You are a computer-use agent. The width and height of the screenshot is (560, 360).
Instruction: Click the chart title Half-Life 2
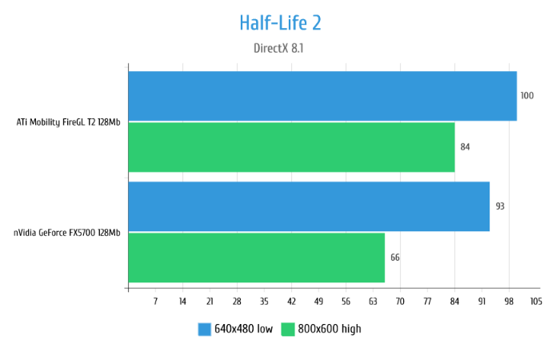(280, 22)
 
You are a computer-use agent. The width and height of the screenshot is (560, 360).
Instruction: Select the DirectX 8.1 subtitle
(278, 48)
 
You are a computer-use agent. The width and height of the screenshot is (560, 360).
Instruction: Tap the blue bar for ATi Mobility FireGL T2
(322, 96)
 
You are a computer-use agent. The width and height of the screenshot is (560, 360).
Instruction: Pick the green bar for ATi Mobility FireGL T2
(291, 147)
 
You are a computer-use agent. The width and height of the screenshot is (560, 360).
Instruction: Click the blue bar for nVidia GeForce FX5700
(309, 206)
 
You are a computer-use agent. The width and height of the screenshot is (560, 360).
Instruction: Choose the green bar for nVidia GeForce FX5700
(256, 258)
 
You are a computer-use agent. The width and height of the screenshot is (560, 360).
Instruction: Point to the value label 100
(526, 96)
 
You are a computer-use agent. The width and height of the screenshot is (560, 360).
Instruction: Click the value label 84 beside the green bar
(465, 147)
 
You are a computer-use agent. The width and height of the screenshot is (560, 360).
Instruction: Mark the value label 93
(500, 206)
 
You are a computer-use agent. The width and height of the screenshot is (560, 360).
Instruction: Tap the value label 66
(394, 258)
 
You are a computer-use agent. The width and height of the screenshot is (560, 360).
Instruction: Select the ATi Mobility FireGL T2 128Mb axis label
(69, 122)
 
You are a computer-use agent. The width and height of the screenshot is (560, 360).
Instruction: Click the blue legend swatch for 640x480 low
(204, 329)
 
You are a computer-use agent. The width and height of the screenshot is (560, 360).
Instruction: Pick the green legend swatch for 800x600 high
(287, 329)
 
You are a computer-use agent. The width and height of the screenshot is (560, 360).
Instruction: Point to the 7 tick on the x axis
(155, 302)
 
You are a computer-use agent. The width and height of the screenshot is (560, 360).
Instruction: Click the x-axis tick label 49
(318, 302)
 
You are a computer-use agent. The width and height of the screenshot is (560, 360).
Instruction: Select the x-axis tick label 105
(535, 302)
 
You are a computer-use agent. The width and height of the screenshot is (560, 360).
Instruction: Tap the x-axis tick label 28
(237, 302)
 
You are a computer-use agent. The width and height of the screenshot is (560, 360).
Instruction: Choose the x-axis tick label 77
(427, 302)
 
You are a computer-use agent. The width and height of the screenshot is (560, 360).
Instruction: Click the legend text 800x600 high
(330, 329)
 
